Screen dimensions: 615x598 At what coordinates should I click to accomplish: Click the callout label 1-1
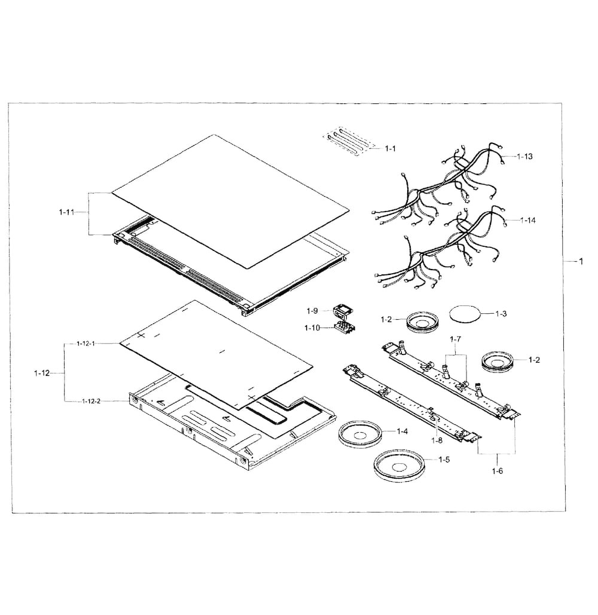[390, 148]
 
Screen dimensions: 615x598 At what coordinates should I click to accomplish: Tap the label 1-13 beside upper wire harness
[524, 156]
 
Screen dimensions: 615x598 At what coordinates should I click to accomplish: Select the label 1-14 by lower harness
[527, 221]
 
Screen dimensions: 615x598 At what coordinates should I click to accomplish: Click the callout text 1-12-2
[91, 401]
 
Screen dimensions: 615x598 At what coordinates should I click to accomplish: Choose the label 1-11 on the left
[68, 213]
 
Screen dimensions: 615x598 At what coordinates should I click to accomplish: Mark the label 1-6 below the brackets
[497, 471]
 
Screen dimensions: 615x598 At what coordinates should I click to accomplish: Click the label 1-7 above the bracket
[456, 339]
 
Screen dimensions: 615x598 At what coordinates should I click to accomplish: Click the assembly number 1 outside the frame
[580, 261]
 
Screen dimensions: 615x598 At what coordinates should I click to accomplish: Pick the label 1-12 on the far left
[41, 373]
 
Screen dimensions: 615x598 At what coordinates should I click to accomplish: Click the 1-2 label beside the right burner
[534, 360]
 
